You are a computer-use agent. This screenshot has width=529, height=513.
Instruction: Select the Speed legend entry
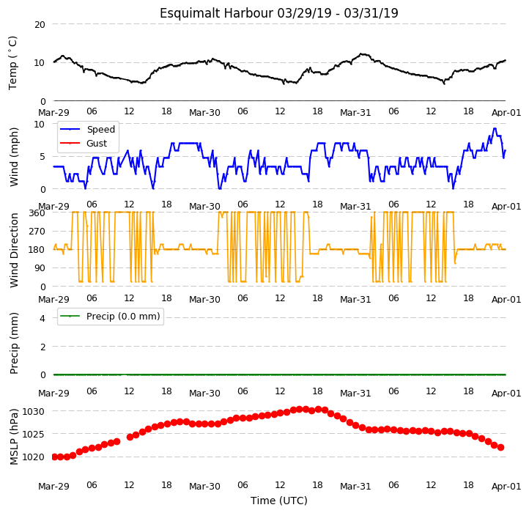pos(87,129)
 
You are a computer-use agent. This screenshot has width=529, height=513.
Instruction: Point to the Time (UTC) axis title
pos(279,501)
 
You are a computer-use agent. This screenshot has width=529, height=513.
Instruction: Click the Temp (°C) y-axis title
pos(12,63)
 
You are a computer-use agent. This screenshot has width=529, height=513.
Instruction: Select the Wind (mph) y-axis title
pos(13,157)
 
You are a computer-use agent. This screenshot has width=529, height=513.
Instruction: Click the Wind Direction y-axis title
pos(13,250)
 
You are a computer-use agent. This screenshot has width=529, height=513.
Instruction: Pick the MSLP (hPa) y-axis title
pos(13,437)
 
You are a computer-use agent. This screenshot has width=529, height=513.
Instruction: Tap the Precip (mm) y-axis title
pos(13,343)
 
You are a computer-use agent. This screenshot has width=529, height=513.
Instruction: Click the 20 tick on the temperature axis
pos(40,25)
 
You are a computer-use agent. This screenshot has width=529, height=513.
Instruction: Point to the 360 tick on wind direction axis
pos(37,213)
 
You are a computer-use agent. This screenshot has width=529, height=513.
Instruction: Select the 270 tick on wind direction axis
pos(37,232)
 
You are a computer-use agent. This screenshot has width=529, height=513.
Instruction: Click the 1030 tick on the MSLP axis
pos(34,412)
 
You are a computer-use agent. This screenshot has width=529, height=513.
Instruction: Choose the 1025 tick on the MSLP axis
pos(34,434)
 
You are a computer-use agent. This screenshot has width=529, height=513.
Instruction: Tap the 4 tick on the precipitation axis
pos(42,318)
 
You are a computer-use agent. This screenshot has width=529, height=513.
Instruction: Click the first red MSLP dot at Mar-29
pos(54,457)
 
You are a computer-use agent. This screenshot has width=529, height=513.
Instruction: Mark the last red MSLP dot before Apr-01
pos(500,448)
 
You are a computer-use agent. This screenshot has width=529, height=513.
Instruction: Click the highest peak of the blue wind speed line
pos(495,128)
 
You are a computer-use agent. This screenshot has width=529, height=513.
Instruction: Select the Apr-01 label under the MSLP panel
pos(506,487)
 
